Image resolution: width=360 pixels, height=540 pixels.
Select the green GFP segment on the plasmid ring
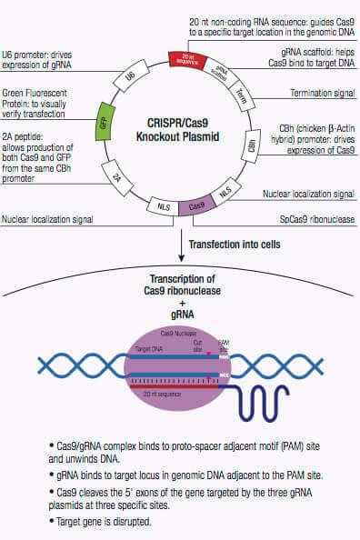[109, 125]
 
